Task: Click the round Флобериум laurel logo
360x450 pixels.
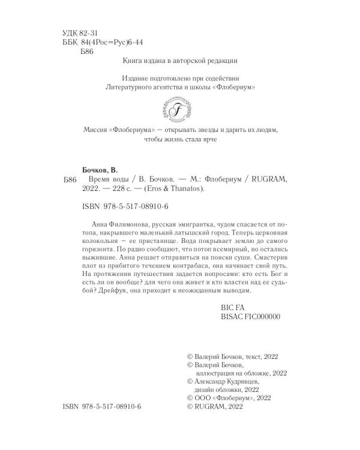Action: pos(179,110)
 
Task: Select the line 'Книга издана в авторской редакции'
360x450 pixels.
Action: pos(180,61)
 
